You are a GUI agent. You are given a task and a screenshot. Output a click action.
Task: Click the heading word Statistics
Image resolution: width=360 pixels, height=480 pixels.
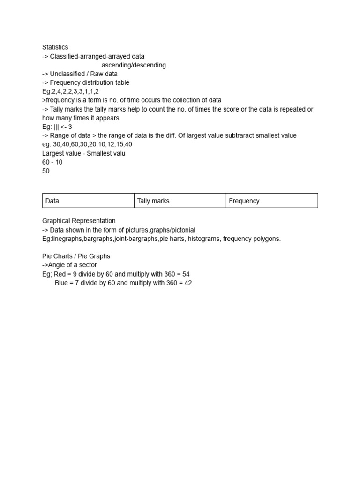tap(55, 47)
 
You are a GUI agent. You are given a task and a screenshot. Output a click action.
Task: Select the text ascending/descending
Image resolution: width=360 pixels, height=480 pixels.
tap(134, 65)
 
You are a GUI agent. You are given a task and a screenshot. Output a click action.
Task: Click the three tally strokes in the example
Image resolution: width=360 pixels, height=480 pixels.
tap(56, 127)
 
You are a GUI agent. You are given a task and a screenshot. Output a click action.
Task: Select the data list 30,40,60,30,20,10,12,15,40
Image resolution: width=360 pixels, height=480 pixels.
tap(92, 144)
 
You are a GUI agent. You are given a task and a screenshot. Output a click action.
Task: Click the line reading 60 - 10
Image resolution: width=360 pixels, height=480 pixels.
tap(52, 162)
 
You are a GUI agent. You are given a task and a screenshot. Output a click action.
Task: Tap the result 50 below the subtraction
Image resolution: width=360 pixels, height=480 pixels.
tap(46, 171)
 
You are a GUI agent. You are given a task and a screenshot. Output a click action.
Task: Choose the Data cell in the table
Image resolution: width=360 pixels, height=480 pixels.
tap(52, 201)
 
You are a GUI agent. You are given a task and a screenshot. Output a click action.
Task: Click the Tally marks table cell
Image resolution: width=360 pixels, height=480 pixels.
tap(153, 201)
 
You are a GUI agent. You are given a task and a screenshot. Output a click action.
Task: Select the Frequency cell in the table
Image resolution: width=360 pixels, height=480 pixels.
tap(244, 201)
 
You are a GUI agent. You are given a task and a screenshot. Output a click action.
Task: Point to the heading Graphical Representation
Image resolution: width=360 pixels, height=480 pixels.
tap(79, 221)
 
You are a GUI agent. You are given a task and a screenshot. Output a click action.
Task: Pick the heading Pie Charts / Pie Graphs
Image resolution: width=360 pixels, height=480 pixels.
tap(76, 256)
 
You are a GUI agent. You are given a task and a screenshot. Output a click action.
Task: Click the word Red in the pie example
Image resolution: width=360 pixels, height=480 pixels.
tap(60, 274)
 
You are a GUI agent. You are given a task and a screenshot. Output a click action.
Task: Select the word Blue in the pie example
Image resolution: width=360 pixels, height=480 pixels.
tap(61, 283)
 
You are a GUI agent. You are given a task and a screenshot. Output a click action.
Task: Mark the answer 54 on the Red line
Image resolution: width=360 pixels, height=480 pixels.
tap(185, 274)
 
